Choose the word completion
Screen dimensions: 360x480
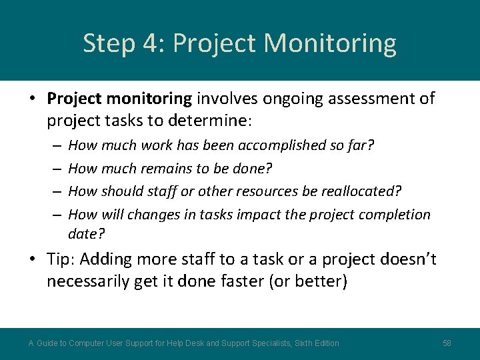395,215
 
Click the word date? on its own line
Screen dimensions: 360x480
87,233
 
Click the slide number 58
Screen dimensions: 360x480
447,343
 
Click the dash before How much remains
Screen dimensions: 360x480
56,169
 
